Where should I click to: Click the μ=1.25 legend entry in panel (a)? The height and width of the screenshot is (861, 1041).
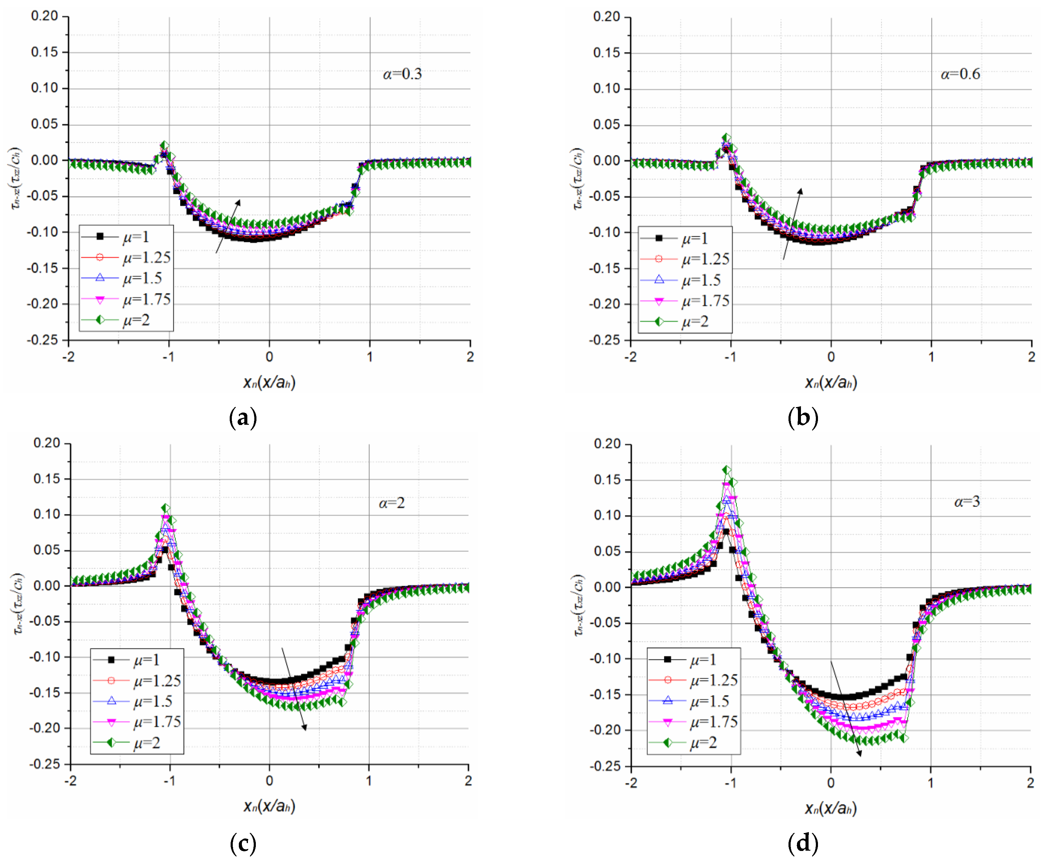pos(146,258)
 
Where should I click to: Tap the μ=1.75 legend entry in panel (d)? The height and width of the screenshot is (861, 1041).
pos(714,722)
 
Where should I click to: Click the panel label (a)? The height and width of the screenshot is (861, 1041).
pos(243,418)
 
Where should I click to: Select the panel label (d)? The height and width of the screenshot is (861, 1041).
pos(802,843)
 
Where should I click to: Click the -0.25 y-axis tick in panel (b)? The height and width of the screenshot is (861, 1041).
pos(604,340)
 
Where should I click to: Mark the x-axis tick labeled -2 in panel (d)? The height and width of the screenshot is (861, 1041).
pos(631,783)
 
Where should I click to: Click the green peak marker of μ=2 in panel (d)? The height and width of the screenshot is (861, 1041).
pos(727,470)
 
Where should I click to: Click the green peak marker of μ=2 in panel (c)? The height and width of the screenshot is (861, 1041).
pos(166,508)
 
